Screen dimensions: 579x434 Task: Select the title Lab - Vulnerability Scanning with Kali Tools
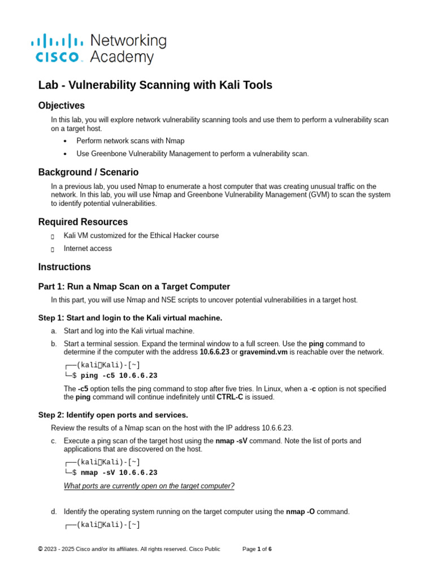click(155, 85)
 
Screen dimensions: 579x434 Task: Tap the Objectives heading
click(61, 106)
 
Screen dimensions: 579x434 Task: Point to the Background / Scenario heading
click(88, 172)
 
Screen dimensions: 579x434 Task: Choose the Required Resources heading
click(83, 222)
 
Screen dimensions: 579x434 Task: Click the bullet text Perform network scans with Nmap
click(130, 140)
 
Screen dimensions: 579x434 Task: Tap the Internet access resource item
click(88, 248)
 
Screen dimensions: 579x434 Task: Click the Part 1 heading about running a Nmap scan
click(134, 287)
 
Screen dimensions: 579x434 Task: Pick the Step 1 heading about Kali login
click(130, 318)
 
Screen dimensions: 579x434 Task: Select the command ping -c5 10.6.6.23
click(119, 375)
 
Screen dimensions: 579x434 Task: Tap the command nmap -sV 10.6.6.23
click(119, 473)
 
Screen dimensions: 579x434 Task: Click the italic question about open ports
click(149, 486)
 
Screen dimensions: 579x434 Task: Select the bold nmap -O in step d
click(301, 512)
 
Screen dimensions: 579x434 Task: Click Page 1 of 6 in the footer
click(257, 549)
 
